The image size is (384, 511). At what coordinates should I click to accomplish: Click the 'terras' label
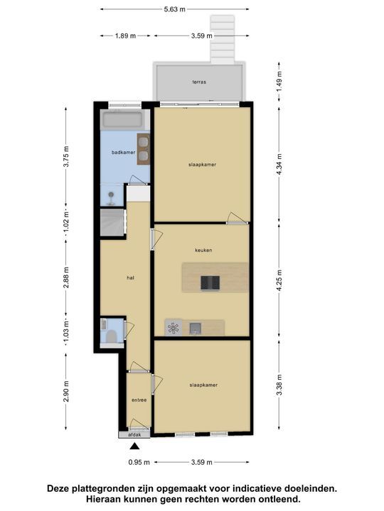[x=199, y=82]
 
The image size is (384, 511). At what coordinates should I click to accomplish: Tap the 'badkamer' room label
[x=123, y=153]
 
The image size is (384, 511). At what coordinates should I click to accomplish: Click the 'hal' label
[x=130, y=278]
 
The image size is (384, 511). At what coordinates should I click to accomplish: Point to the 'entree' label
[x=139, y=400]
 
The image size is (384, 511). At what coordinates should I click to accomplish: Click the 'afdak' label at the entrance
[x=134, y=434]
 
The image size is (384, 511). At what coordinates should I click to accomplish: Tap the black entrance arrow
[x=135, y=446]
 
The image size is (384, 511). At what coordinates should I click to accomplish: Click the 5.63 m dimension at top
[x=175, y=9]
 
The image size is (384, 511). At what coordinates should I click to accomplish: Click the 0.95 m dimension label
[x=139, y=463]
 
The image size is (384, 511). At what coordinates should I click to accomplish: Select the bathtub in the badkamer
[x=122, y=119]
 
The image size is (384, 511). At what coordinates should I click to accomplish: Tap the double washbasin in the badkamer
[x=143, y=149]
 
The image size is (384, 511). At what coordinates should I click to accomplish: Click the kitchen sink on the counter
[x=196, y=327]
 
